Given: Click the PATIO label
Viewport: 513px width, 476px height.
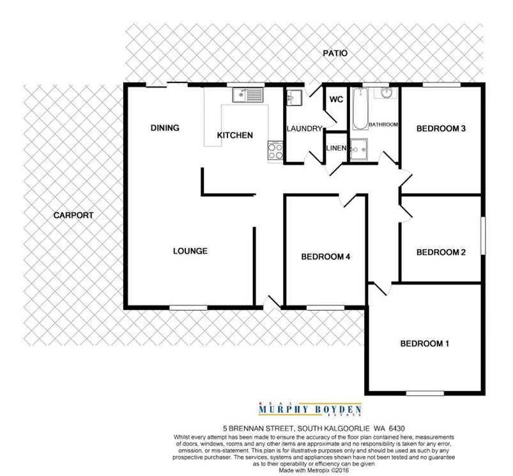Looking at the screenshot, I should click(x=335, y=54).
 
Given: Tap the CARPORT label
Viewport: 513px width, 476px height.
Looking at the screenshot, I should click(x=73, y=215).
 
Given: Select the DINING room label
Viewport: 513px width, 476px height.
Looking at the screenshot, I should click(x=165, y=128).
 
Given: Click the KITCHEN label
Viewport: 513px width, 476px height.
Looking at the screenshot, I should click(x=235, y=135).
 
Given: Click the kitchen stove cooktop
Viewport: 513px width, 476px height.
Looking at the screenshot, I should click(x=275, y=151).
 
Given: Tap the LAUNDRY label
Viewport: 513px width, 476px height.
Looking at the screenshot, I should click(x=304, y=128).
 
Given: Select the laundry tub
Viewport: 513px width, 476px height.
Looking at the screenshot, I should click(x=294, y=97).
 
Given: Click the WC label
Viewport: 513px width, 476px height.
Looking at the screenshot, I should click(x=336, y=100).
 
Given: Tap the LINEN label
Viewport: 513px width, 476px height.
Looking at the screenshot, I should click(x=336, y=148).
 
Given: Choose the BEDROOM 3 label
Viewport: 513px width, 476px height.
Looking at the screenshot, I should click(x=440, y=128).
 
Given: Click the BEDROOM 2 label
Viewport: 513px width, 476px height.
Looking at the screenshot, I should click(x=440, y=252).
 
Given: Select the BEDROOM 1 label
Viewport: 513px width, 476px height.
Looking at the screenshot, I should click(x=425, y=344).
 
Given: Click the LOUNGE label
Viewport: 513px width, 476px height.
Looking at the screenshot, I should click(x=190, y=251).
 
